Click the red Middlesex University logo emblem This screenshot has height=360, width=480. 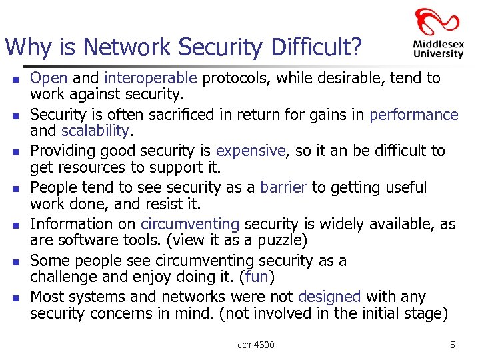click(x=437, y=22)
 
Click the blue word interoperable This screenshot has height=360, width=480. click(x=151, y=78)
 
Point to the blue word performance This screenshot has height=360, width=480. click(x=413, y=115)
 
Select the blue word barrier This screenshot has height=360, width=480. click(x=283, y=187)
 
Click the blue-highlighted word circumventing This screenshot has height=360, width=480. click(x=189, y=224)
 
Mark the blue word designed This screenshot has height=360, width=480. click(x=329, y=297)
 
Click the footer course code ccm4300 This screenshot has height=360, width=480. click(x=255, y=345)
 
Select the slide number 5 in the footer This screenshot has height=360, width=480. click(x=452, y=345)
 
